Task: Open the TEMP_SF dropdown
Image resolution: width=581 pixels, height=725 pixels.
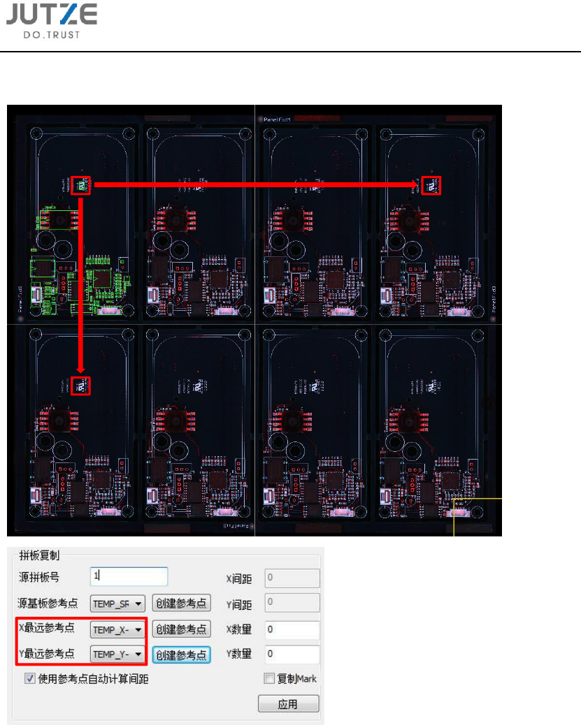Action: (117, 603)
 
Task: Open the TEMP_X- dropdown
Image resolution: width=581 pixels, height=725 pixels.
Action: (117, 630)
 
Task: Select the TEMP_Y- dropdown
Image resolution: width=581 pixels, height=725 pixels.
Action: (117, 654)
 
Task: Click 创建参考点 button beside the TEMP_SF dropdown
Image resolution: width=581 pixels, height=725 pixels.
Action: (182, 603)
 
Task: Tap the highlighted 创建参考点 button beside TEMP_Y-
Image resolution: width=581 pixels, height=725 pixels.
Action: (182, 654)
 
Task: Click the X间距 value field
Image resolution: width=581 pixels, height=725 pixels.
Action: (292, 578)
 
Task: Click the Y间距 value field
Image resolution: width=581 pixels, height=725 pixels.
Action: (292, 603)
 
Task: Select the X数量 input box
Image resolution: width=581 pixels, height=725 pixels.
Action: (292, 630)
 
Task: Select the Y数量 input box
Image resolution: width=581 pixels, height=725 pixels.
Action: (292, 654)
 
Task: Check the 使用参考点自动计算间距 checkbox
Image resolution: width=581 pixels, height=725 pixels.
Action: (30, 678)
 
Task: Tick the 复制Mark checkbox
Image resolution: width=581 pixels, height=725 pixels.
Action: (269, 678)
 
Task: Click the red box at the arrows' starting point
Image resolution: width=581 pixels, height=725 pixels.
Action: (81, 186)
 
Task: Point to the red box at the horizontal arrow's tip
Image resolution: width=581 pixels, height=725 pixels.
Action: (431, 186)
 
